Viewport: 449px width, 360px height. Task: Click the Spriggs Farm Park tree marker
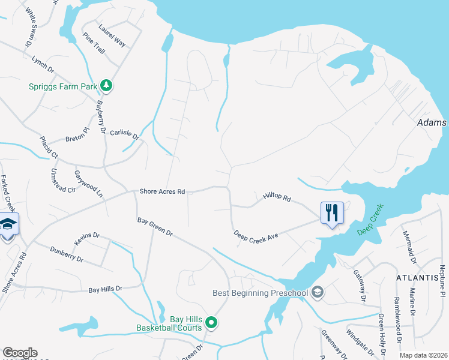106,85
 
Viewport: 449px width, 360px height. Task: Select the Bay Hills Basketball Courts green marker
211,323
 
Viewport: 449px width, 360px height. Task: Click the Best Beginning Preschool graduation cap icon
318,292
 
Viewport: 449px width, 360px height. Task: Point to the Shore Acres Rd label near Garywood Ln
162,191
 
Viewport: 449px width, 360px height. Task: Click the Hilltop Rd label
277,197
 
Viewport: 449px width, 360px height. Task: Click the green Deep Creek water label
370,220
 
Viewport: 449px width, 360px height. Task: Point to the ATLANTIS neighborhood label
417,278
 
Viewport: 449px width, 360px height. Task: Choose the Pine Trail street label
94,43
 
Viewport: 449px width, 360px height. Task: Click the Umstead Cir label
63,180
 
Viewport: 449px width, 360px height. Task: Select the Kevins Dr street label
87,239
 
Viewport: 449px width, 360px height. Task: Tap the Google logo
19,353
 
